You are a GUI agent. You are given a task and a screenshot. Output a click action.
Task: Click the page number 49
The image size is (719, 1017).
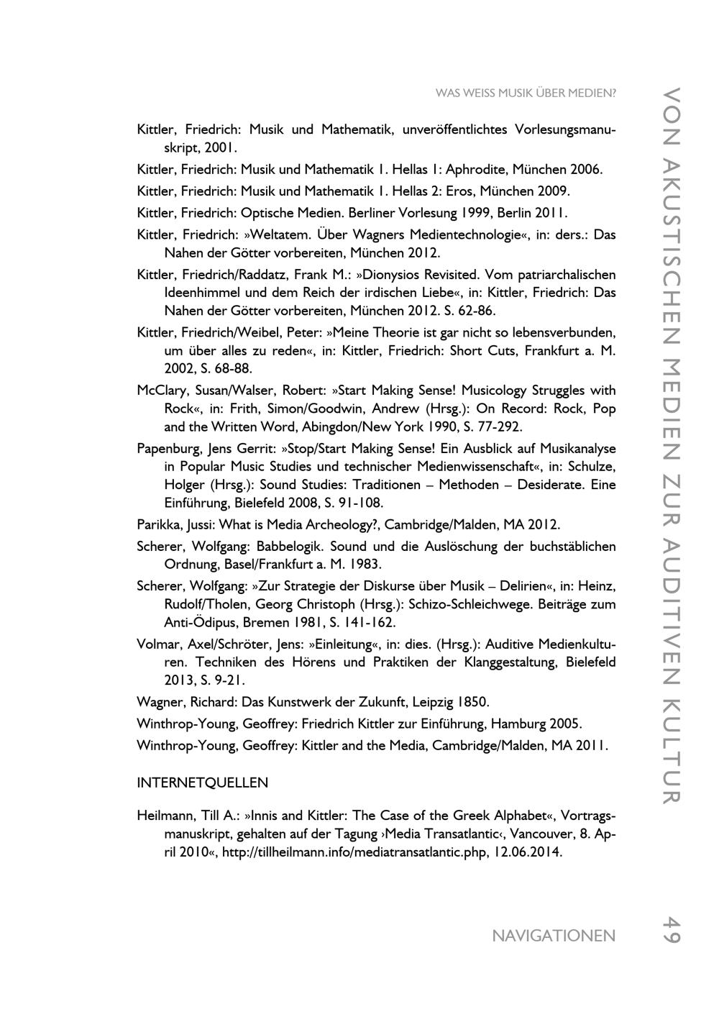click(671, 929)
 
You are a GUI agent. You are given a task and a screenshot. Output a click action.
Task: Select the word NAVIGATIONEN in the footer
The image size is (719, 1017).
click(554, 936)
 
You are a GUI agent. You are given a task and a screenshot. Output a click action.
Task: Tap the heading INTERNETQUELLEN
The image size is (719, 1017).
click(202, 782)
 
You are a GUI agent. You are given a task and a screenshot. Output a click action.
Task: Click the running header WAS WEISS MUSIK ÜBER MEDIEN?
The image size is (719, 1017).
click(526, 94)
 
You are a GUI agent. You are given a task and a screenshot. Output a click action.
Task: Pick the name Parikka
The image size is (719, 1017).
click(157, 524)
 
